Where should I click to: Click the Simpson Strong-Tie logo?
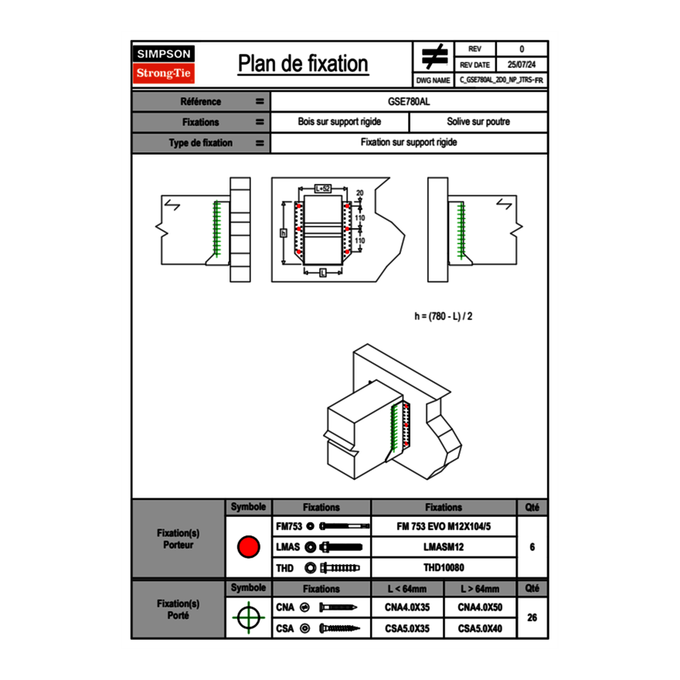click(x=164, y=64)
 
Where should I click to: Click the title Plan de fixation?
click(x=303, y=64)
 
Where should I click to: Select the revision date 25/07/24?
click(x=522, y=65)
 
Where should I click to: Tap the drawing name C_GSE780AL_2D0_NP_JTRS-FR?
click(x=501, y=80)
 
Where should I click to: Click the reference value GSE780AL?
click(x=409, y=101)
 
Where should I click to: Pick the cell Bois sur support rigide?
click(x=340, y=122)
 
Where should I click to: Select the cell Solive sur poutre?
click(x=478, y=122)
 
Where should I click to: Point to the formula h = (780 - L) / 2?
click(x=444, y=316)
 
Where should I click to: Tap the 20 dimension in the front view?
click(x=360, y=192)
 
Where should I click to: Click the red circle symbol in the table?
click(x=248, y=547)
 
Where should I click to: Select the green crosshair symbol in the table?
click(x=248, y=617)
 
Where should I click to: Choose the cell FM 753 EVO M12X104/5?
click(x=444, y=526)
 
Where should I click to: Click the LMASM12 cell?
click(x=444, y=547)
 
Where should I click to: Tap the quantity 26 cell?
click(x=532, y=617)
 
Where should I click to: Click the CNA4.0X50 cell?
click(x=480, y=607)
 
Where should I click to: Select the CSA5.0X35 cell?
click(x=408, y=629)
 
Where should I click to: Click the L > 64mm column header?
click(x=480, y=589)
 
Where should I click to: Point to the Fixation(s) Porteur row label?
click(x=178, y=539)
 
